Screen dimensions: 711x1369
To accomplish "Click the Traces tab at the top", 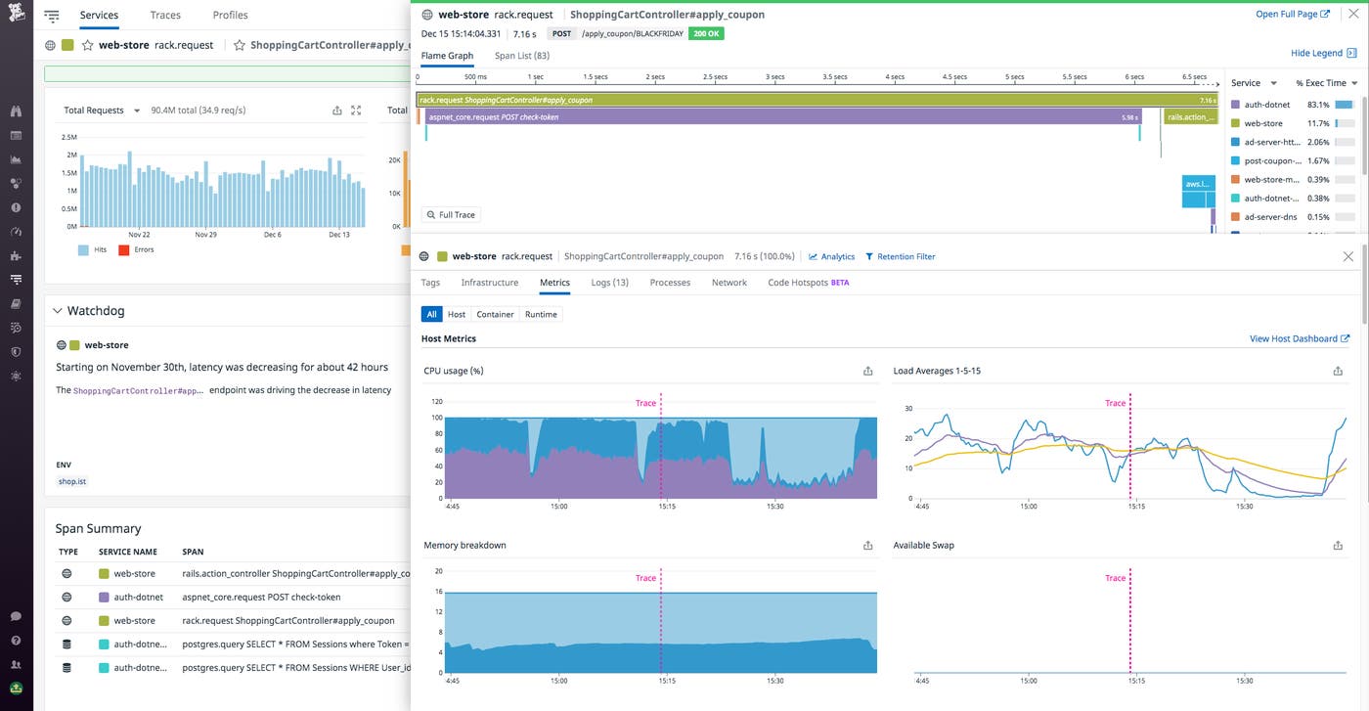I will tap(165, 16).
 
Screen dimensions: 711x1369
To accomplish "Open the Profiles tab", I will tap(230, 16).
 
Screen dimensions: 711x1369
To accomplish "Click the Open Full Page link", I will tap(1292, 15).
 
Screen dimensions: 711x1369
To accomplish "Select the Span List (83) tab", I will tap(521, 56).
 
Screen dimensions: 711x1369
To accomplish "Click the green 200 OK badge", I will tap(706, 33).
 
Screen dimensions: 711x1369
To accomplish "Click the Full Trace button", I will tap(451, 215).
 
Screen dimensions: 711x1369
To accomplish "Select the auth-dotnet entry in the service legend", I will tap(1267, 105).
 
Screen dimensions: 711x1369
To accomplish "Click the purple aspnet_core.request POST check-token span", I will tap(782, 117).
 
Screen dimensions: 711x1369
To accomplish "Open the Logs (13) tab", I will tap(609, 283).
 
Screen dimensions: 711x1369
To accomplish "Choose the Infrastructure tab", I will tap(489, 283).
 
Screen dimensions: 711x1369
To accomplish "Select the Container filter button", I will tap(495, 314).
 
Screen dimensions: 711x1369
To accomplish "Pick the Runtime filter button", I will tap(541, 314).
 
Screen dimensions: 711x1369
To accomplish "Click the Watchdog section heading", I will tap(95, 311).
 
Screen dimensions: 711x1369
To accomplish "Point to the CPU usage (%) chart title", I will tap(454, 371).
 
